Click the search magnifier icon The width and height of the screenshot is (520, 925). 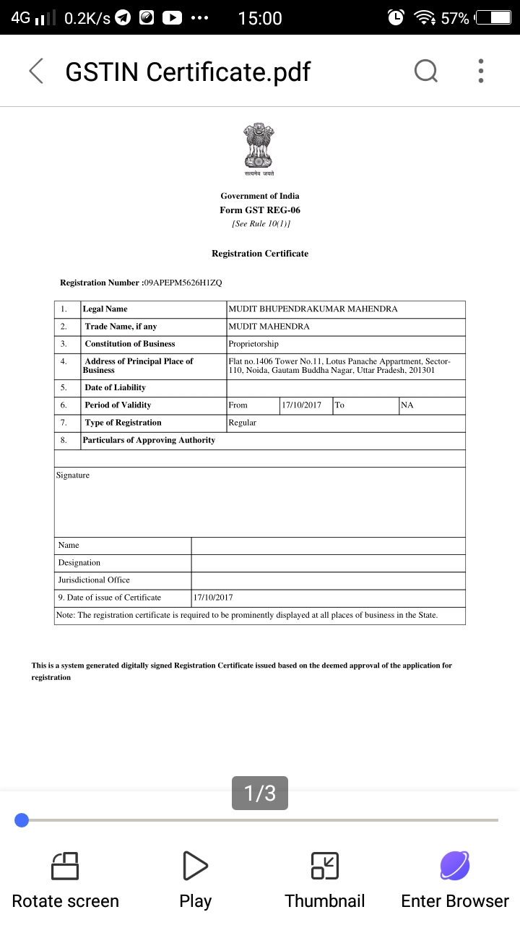pos(426,71)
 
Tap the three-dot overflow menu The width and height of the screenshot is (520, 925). pos(481,71)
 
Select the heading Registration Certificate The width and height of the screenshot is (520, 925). pos(260,254)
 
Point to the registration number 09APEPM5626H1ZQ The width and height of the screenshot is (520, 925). pos(183,283)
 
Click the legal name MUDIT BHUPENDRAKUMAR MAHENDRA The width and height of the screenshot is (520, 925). pos(313,309)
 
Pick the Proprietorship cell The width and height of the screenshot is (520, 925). pos(253,344)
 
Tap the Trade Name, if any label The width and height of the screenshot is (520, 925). pos(121,327)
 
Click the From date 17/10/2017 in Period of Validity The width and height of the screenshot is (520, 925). pos(302,405)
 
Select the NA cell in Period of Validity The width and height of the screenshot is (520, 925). pos(407,405)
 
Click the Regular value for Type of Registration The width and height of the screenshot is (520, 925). pos(243,423)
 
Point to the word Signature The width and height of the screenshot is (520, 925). pos(73,476)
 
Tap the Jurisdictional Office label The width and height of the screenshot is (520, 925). pos(94,580)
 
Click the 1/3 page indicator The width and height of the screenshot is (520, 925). pos(260,793)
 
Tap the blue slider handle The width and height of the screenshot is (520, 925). pos(22,819)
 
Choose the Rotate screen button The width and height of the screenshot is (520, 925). pos(65,878)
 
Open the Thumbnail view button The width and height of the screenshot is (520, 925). pos(325,878)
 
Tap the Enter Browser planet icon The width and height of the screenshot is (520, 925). pos(455,866)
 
